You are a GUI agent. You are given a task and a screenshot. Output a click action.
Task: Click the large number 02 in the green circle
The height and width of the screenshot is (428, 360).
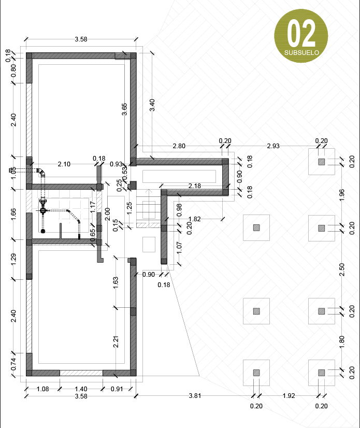tap(301, 34)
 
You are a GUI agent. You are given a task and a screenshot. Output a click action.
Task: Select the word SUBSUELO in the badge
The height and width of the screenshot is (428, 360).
tap(301, 52)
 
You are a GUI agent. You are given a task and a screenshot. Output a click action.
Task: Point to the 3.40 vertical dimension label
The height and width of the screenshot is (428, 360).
tap(152, 106)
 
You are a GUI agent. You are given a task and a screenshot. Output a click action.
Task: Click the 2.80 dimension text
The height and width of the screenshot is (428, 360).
tap(179, 146)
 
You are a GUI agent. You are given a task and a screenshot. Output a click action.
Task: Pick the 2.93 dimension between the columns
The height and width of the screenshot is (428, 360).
tap(273, 146)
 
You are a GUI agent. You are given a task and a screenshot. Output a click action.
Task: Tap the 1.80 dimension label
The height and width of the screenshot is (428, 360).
tap(341, 341)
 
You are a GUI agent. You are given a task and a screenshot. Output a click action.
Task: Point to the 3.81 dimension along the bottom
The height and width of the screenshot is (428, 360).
tap(195, 396)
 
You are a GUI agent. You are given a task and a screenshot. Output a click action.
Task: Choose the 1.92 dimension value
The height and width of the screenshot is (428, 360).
tap(289, 396)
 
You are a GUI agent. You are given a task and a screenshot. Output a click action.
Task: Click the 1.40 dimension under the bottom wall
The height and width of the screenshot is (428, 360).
tap(81, 389)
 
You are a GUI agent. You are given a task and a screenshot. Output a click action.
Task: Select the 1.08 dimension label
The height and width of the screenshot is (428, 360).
tap(42, 389)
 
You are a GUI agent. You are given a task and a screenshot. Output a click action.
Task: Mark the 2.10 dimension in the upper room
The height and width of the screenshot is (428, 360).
tap(64, 164)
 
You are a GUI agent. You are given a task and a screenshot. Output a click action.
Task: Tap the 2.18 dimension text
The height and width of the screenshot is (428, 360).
tap(195, 186)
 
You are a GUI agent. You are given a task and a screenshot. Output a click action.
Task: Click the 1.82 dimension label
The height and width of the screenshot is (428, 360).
tap(195, 219)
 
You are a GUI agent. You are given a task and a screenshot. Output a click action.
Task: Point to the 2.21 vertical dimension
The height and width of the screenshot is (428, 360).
tap(117, 341)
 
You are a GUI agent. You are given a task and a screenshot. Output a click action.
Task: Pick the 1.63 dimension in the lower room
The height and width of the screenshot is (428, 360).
tap(117, 282)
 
